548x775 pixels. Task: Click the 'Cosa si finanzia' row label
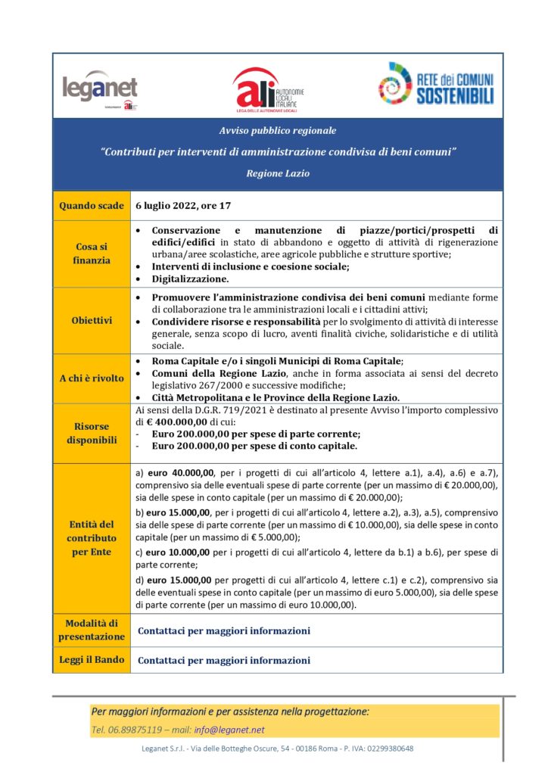[x=92, y=254]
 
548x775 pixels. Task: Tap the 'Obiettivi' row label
[x=92, y=321]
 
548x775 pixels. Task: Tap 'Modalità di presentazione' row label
[x=92, y=630]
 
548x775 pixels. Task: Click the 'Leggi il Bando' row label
[x=92, y=660]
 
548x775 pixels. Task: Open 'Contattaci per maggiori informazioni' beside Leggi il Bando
[x=224, y=660]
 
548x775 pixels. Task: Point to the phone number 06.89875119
[x=131, y=730]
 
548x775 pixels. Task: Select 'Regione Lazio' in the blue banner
[x=278, y=173]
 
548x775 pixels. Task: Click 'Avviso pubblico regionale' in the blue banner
[x=278, y=131]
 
